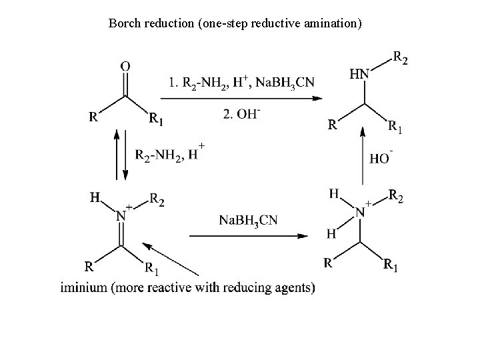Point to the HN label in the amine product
(359, 75)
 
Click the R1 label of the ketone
(155, 119)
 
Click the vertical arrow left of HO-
(363, 157)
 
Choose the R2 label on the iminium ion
(158, 198)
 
